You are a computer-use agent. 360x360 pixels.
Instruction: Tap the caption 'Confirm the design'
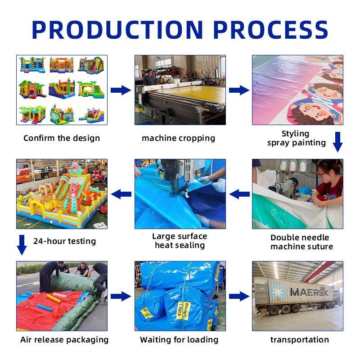coord(62,138)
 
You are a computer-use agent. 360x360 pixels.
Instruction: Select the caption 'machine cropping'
coord(178,138)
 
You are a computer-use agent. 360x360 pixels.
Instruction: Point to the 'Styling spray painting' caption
coord(296,138)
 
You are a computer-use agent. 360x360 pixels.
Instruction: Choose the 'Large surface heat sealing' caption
coord(180,241)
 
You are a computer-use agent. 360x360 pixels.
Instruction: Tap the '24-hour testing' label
coord(64,241)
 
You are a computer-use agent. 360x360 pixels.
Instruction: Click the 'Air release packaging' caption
coord(64,340)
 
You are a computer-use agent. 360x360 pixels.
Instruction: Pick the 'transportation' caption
coord(299,340)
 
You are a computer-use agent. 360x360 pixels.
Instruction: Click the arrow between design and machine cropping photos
coord(121,90)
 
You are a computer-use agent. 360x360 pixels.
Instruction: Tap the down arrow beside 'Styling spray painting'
coord(337,142)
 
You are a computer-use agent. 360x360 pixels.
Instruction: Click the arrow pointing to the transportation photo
coord(238,296)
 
